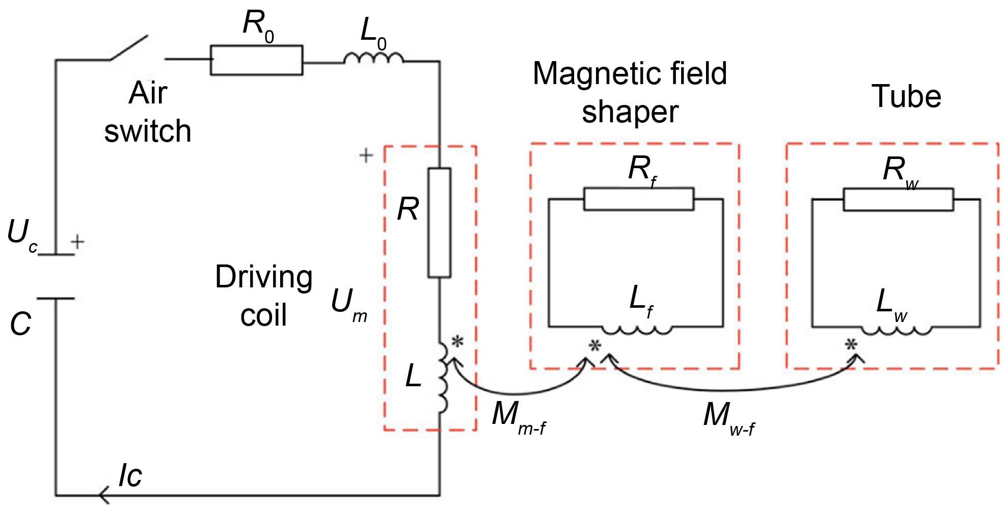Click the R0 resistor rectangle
[x=256, y=60]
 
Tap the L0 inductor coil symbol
[x=373, y=58]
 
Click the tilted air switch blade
[x=129, y=47]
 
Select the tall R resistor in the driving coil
[x=439, y=223]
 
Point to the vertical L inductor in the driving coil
[x=443, y=377]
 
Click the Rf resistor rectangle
[x=638, y=199]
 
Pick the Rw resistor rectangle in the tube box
[x=898, y=199]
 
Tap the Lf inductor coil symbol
[x=637, y=330]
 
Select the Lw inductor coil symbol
[x=897, y=330]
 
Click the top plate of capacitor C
[x=56, y=254]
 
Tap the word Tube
[x=906, y=96]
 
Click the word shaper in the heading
[x=630, y=112]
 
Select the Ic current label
[x=130, y=475]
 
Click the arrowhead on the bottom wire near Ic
[x=103, y=495]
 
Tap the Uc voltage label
[x=22, y=235]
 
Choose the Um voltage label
[x=348, y=305]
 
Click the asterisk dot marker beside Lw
[x=851, y=345]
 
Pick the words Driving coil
[x=263, y=296]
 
